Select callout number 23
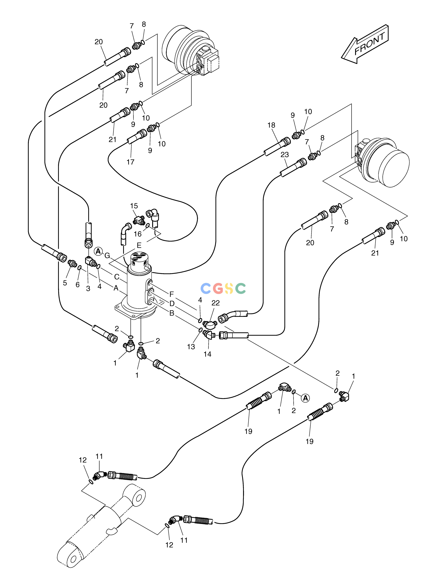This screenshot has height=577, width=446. [285, 155]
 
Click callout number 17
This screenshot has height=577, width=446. [131, 162]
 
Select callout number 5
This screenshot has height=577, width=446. [65, 283]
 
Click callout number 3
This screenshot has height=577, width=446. [88, 289]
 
